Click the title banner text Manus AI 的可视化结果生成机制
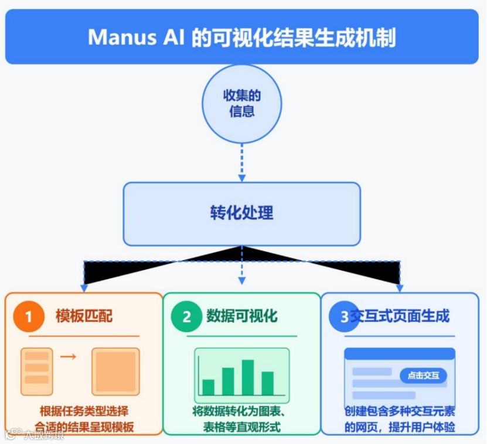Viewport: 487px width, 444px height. (242, 37)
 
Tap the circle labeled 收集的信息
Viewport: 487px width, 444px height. (241, 104)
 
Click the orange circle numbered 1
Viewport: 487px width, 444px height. (26, 316)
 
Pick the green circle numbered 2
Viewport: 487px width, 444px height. (186, 316)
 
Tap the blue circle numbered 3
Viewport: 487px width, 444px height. (344, 316)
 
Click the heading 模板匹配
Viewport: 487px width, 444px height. (84, 316)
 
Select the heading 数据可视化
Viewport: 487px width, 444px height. (241, 316)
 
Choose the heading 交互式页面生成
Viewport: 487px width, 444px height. (400, 316)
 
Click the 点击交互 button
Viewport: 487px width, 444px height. (423, 376)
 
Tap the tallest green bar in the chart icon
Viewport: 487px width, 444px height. (248, 377)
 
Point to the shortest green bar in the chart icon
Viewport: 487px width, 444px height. (208, 387)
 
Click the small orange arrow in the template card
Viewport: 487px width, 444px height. (69, 356)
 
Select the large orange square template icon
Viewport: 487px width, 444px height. (115, 371)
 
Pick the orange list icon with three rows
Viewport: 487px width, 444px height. (36, 371)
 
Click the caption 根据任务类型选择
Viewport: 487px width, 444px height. (84, 410)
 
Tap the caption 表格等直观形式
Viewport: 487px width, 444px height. (241, 426)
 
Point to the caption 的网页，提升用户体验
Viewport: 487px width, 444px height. (400, 426)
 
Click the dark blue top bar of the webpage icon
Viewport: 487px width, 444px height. (400, 353)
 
